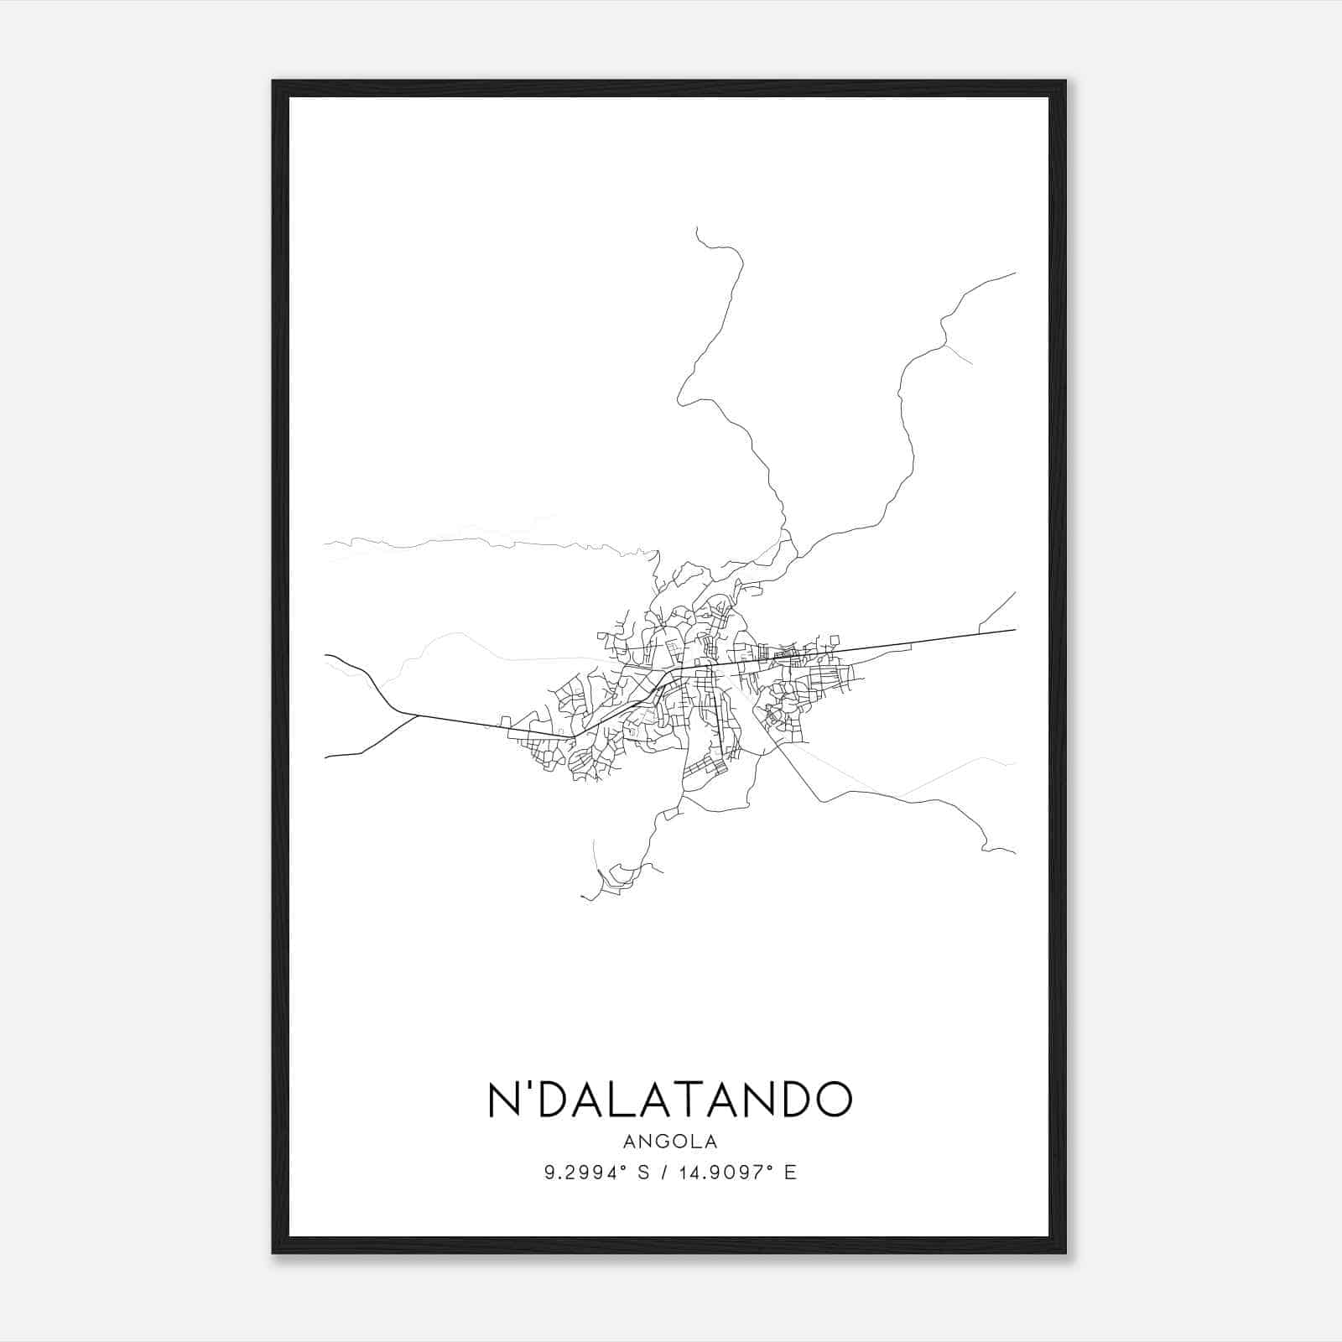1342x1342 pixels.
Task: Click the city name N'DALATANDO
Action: coord(669,1099)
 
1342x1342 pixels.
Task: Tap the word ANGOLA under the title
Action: coord(669,1142)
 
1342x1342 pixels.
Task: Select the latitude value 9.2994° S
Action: coord(595,1173)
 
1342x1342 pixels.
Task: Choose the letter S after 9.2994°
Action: coord(643,1173)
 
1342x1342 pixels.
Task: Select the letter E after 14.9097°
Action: coord(790,1173)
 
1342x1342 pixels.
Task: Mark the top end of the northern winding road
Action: coord(697,227)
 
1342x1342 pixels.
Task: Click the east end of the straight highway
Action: coord(1016,629)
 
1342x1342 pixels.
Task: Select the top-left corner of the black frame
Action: coord(273,81)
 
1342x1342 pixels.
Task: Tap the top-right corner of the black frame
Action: coord(1065,81)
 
